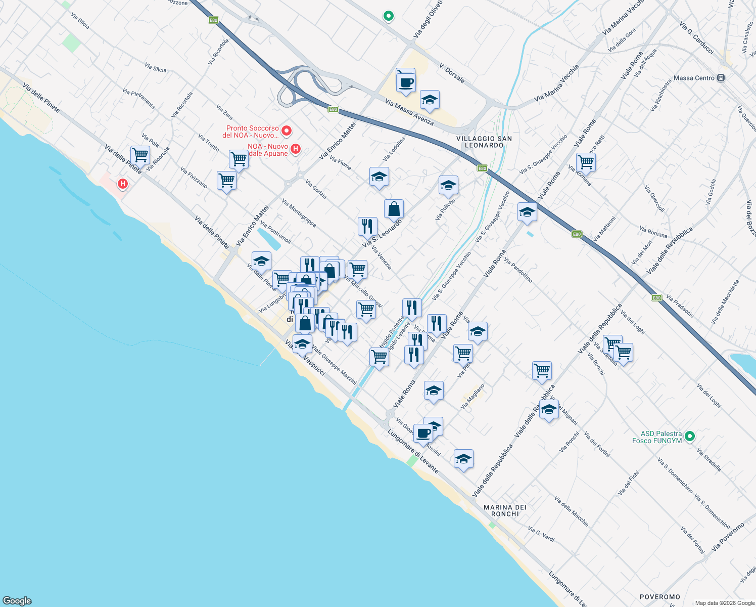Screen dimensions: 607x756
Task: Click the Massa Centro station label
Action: pyautogui.click(x=694, y=78)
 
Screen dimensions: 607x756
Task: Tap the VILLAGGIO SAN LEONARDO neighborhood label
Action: pyautogui.click(x=484, y=142)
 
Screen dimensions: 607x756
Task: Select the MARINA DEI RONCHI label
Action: pyautogui.click(x=505, y=510)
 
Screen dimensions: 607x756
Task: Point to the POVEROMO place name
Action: pyautogui.click(x=660, y=597)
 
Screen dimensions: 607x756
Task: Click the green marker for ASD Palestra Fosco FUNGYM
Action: pyautogui.click(x=690, y=436)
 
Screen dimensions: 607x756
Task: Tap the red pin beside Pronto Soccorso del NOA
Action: pyautogui.click(x=287, y=131)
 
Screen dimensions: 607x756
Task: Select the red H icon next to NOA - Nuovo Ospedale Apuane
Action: pyautogui.click(x=296, y=149)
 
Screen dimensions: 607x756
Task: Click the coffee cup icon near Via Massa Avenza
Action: pyautogui.click(x=405, y=80)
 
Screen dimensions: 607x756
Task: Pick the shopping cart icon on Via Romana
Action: pyautogui.click(x=586, y=162)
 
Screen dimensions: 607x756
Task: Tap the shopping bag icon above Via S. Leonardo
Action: pyautogui.click(x=394, y=208)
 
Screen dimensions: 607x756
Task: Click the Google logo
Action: pyautogui.click(x=17, y=601)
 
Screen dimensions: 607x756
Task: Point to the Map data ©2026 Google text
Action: pyautogui.click(x=725, y=603)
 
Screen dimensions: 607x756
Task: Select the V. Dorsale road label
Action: pyautogui.click(x=452, y=73)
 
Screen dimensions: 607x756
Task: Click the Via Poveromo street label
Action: pyautogui.click(x=728, y=537)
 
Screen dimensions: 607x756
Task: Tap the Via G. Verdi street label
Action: pyautogui.click(x=541, y=534)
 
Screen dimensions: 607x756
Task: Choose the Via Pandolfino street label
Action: pyautogui.click(x=518, y=270)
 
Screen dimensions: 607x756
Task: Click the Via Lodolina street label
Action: pyautogui.click(x=394, y=149)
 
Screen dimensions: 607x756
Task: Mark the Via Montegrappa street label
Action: pyautogui.click(x=299, y=213)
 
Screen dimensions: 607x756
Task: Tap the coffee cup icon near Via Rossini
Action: pyautogui.click(x=423, y=432)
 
